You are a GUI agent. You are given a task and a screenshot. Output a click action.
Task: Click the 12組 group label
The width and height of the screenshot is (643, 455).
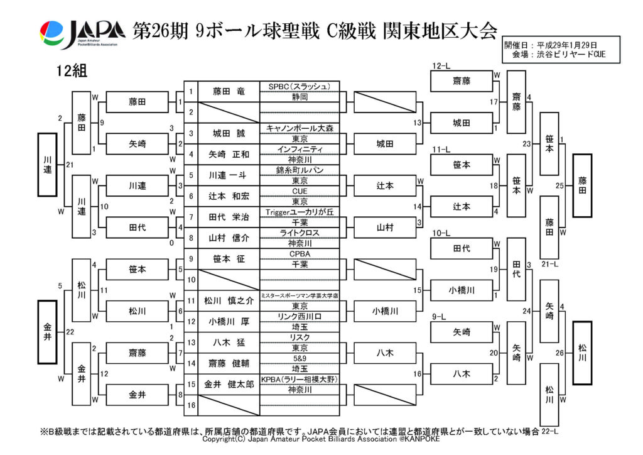tap(71, 70)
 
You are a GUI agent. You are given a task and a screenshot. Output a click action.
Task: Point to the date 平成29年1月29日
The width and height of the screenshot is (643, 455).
tap(568, 46)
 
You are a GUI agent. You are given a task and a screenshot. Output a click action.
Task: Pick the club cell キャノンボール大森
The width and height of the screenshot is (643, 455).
tap(300, 128)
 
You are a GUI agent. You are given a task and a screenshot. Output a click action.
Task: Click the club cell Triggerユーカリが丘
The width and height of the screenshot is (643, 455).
tap(300, 212)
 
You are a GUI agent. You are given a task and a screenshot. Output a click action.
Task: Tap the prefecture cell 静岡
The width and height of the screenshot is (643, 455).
tap(300, 97)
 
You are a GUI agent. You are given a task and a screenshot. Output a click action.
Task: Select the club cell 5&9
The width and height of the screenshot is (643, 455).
tap(300, 358)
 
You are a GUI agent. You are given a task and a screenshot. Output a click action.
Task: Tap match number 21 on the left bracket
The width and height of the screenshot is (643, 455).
tap(70, 165)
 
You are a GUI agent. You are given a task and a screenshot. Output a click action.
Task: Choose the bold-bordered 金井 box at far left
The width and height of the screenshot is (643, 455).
tap(48, 331)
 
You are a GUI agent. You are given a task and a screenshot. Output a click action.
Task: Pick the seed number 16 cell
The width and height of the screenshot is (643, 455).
tap(190, 406)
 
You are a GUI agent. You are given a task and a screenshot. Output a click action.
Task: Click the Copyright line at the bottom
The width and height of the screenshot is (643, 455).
tap(321, 439)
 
